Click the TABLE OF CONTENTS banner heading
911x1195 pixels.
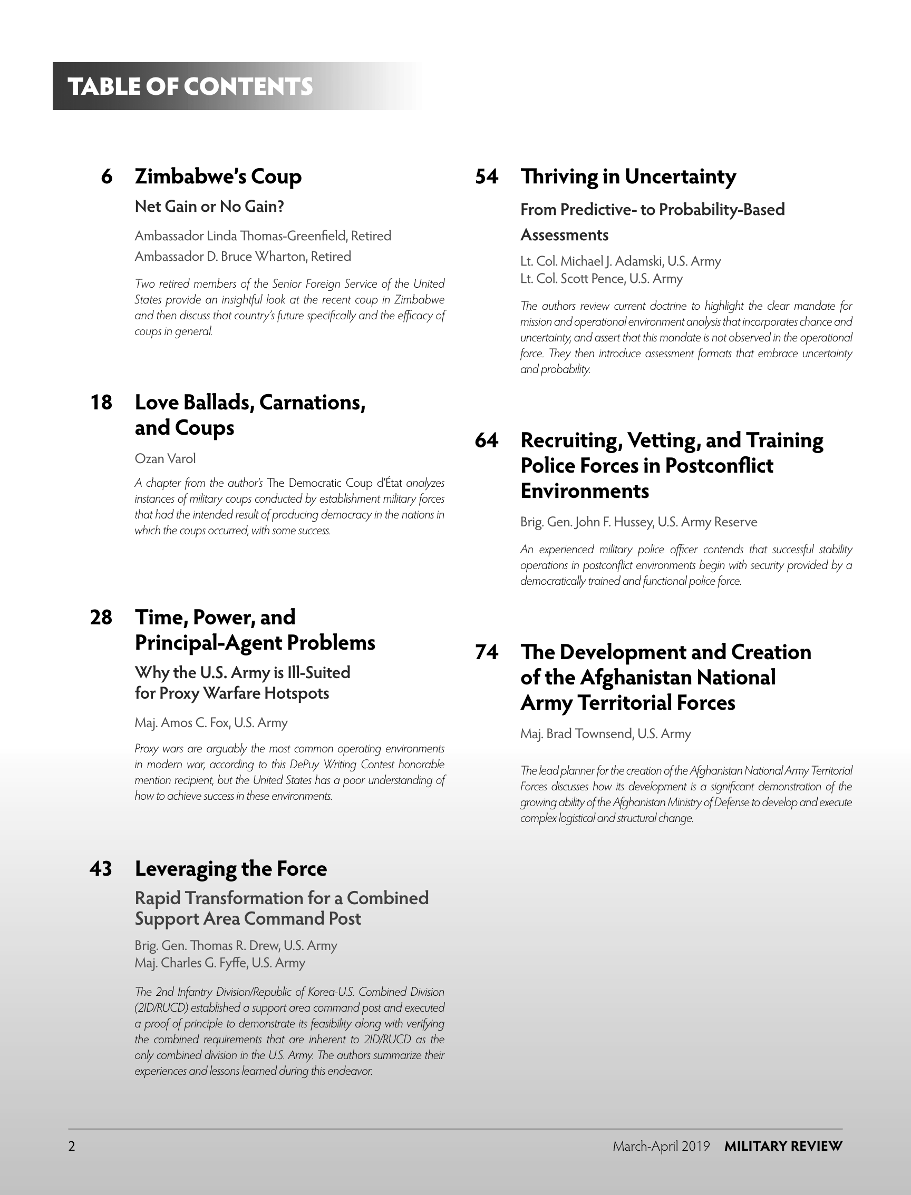coord(190,87)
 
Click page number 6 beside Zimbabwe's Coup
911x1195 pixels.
coord(107,177)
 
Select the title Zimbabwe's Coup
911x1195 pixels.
coord(218,177)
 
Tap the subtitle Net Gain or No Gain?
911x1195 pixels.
coord(209,207)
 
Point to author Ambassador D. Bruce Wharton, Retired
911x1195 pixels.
coord(243,257)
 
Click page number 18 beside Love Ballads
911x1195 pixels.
coord(101,403)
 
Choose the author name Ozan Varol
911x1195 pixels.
coord(165,459)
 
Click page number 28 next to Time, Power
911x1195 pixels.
coord(101,618)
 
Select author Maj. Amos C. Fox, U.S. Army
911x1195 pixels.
coord(211,723)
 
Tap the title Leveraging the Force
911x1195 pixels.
coord(230,869)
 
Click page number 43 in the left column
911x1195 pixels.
coord(101,869)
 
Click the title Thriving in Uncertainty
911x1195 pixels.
coord(628,177)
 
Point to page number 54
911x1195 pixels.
coord(487,177)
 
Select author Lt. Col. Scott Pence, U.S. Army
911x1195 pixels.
coord(602,279)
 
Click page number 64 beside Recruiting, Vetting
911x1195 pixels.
coord(487,440)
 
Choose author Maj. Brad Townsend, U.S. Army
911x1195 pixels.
coord(605,734)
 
